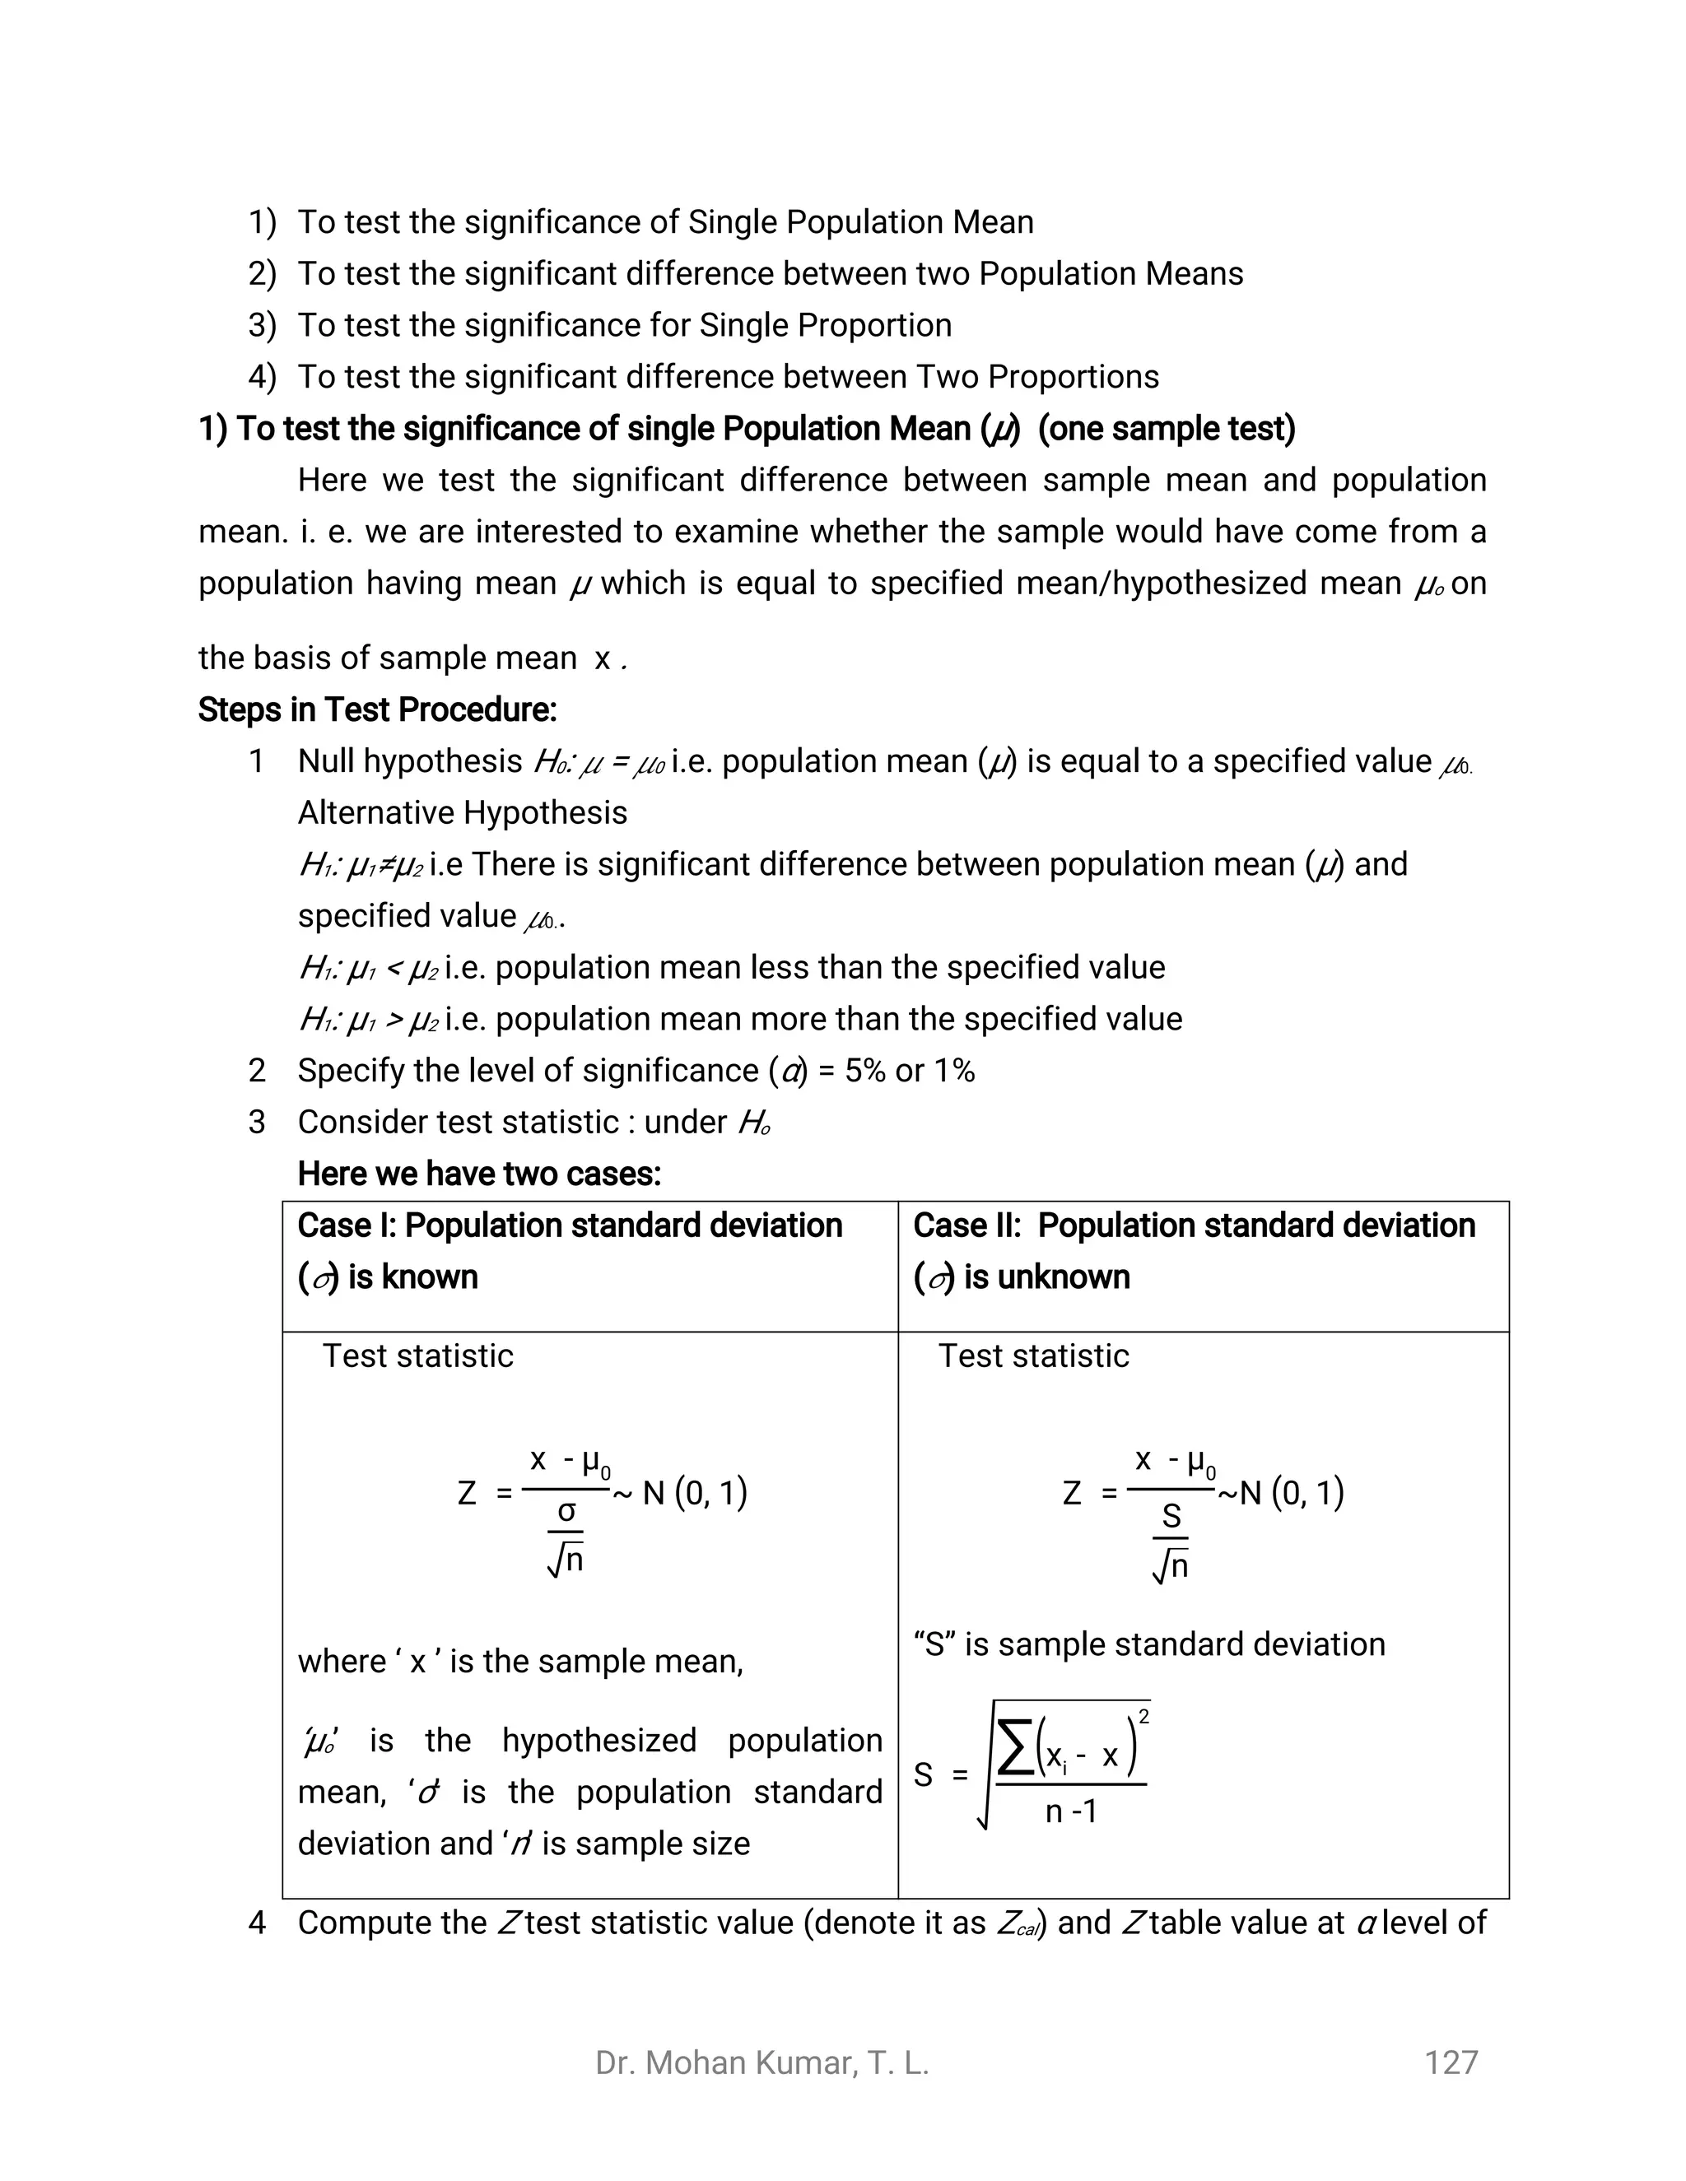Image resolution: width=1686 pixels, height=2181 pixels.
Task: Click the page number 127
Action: coord(1451,2062)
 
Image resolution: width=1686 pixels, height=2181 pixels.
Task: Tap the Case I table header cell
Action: coord(589,1250)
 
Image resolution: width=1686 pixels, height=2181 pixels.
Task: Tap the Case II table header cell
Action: coord(1203,1250)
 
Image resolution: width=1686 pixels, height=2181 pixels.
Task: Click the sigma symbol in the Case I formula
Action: coord(566,1512)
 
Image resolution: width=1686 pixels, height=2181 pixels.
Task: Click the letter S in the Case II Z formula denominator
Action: coord(1171,1516)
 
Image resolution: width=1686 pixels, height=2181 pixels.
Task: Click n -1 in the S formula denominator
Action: coord(1071,1811)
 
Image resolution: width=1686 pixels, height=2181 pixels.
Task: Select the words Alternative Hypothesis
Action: coord(463,813)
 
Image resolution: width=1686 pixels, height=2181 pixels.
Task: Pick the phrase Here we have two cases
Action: coord(479,1174)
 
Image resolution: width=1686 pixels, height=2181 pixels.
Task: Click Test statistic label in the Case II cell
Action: coord(1033,1356)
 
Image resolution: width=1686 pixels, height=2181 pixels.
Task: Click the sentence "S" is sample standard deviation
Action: coord(1148,1644)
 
